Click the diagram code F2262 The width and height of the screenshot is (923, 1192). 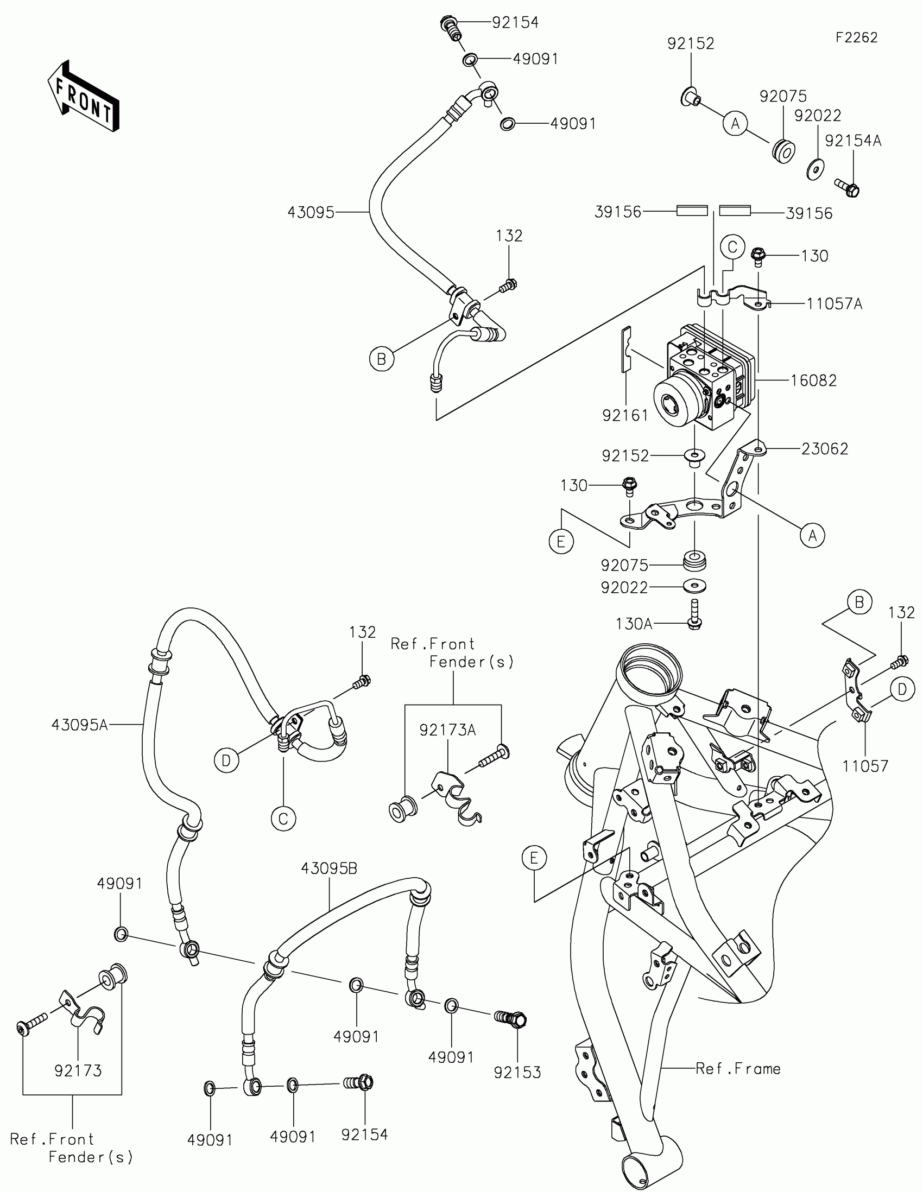pos(856,37)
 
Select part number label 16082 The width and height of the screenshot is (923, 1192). pos(813,381)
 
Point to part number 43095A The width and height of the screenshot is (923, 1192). pos(80,725)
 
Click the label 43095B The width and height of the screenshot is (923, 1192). pos(329,868)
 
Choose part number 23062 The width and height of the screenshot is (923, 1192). pos(825,449)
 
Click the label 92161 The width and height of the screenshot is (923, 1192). pos(625,415)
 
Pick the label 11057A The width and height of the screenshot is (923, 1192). pos(835,303)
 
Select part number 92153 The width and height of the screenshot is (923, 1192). pos(517,1072)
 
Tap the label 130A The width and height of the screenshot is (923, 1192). pos(634,624)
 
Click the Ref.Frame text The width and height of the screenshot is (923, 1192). pos(738,1069)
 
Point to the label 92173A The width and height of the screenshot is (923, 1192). pos(447,730)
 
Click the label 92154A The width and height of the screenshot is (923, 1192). pos(853,141)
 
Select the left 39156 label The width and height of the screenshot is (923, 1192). pos(618,212)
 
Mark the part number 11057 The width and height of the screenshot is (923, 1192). pos(865,766)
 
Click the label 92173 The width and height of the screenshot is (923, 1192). pos(78,1071)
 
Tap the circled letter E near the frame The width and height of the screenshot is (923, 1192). pos(534,858)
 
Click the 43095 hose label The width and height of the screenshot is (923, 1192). pos(311,212)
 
